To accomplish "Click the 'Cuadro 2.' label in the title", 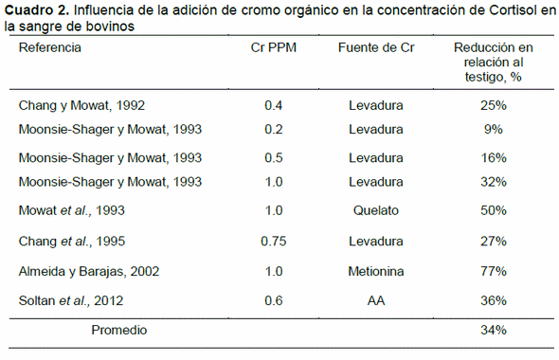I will coord(35,10).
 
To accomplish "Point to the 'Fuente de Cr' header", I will coord(376,47).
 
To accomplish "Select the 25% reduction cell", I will coord(493,105).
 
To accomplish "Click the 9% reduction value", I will coord(493,130).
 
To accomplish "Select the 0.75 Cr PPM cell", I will coord(273,241).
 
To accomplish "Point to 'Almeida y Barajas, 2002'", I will coord(90,271).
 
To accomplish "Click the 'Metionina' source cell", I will coord(376,271).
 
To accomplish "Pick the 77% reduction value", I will coord(493,271).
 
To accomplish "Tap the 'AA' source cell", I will coord(376,301).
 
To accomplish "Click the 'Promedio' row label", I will coord(119,331).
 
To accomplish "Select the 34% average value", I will coord(493,331).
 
